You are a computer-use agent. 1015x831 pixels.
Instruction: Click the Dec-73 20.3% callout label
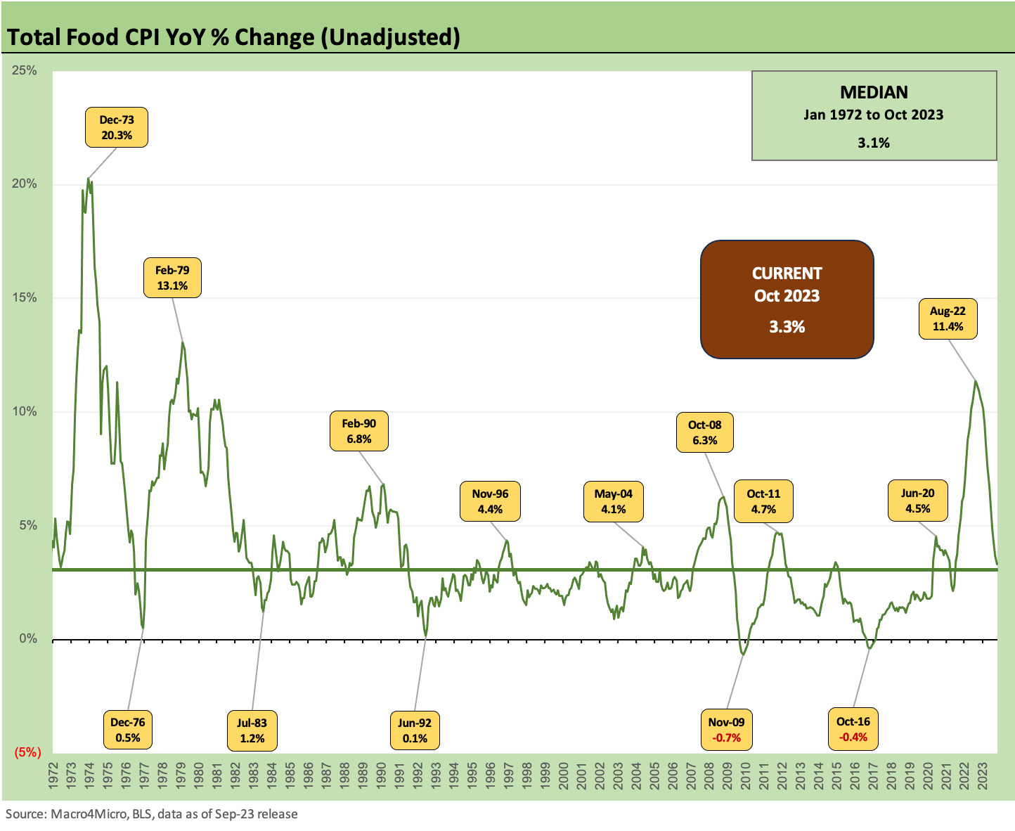(117, 127)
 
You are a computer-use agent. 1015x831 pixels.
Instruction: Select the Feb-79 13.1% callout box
(172, 278)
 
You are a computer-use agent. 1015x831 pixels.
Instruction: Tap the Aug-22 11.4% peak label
(948, 318)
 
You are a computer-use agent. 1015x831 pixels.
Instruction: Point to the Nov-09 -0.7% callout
(726, 730)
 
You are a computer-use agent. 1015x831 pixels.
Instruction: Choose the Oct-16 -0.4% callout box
(853, 729)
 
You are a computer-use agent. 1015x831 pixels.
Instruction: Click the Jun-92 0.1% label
(415, 730)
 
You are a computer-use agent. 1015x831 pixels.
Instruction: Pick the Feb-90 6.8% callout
(358, 431)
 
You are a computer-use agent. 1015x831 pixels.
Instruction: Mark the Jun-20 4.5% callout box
(917, 501)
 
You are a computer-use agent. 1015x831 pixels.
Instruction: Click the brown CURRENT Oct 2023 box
(787, 299)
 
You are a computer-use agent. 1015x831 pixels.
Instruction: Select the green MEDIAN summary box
(874, 116)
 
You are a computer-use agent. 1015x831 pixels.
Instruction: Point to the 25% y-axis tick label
(25, 70)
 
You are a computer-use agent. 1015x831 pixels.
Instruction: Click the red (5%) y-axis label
(27, 752)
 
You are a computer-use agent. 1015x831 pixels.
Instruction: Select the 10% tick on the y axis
(25, 411)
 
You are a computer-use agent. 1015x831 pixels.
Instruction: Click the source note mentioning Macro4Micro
(152, 814)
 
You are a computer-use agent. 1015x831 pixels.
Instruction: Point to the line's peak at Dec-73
(88, 179)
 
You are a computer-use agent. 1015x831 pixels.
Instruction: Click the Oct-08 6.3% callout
(704, 432)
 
